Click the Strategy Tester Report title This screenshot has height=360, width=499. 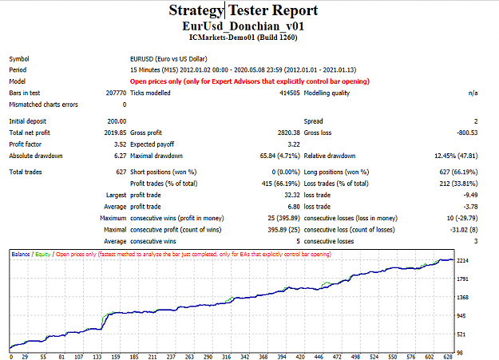tap(244, 10)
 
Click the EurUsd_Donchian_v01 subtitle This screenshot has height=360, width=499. tap(244, 26)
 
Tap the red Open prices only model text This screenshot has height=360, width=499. tap(250, 81)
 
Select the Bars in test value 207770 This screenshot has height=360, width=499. tap(116, 93)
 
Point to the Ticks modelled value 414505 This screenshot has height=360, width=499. tap(290, 93)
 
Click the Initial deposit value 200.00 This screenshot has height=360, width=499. tap(117, 121)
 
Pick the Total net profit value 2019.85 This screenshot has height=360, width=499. tap(115, 133)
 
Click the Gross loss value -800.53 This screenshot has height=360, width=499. tap(467, 133)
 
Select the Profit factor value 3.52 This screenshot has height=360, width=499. tap(121, 144)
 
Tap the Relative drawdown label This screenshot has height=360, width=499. tap(330, 156)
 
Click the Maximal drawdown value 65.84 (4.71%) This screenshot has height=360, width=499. tap(280, 156)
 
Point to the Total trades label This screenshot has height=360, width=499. tap(26, 172)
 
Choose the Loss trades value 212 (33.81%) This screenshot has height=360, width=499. tap(458, 184)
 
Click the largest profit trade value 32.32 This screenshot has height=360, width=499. tap(292, 195)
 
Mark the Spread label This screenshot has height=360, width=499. tap(314, 121)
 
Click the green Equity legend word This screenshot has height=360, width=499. tap(43, 255)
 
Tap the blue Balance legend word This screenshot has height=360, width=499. tap(21, 254)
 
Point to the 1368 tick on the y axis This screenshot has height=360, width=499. tap(463, 297)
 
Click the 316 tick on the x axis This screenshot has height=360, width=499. tap(226, 357)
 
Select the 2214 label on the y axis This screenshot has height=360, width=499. tap(463, 260)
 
